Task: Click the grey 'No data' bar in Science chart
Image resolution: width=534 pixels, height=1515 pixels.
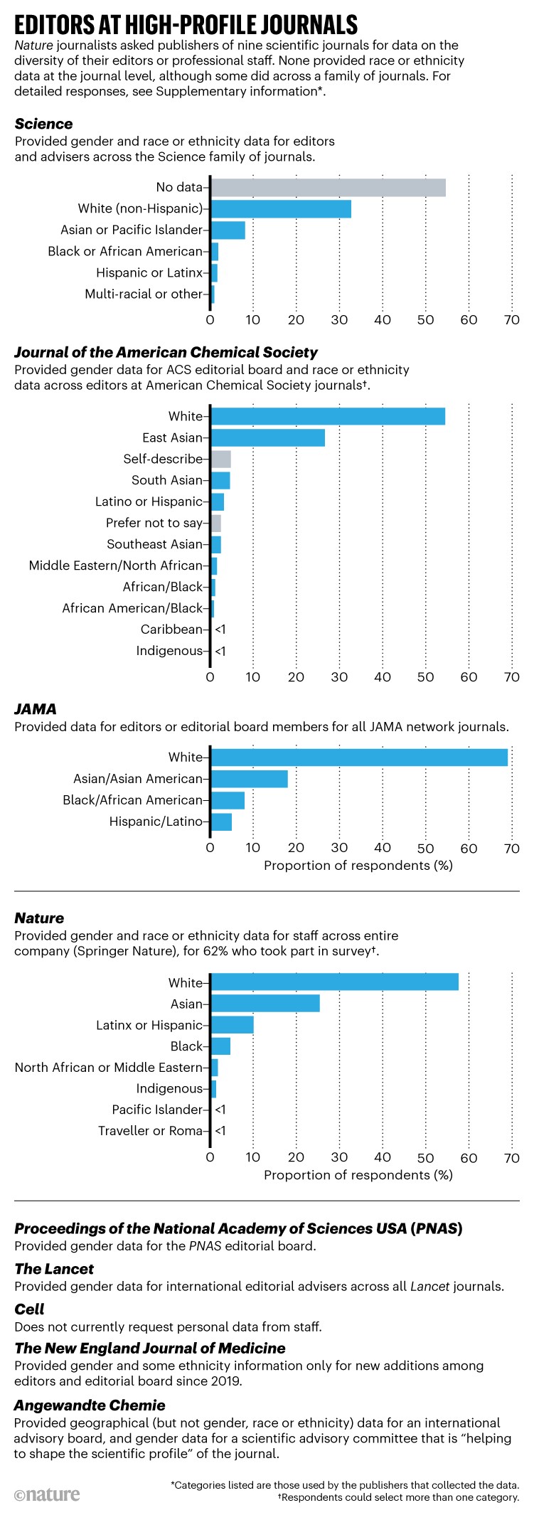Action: click(328, 187)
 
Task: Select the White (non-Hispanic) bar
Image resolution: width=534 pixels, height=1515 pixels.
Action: click(281, 208)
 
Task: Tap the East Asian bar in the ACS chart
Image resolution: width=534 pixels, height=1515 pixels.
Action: click(267, 437)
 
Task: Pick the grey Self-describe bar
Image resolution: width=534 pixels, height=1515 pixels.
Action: click(220, 459)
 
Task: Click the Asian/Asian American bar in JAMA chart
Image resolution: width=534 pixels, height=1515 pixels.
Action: click(249, 779)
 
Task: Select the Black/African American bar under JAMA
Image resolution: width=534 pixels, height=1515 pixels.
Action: click(228, 800)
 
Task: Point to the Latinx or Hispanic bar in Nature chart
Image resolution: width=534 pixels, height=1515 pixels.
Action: click(232, 1025)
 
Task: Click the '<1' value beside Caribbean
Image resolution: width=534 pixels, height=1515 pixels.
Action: click(220, 629)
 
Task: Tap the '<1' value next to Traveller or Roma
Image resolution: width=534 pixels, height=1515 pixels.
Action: click(220, 1131)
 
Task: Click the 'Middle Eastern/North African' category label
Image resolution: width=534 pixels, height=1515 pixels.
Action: click(116, 565)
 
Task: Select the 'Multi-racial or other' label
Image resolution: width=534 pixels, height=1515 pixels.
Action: click(144, 294)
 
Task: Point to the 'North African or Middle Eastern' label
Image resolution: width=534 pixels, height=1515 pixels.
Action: click(109, 1068)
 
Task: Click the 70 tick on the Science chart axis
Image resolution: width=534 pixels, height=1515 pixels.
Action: click(512, 320)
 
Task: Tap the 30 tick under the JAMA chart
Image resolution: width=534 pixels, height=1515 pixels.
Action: click(339, 848)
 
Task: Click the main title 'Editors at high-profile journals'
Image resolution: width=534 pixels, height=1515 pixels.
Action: click(186, 26)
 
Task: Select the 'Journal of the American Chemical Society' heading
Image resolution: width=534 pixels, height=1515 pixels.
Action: click(166, 352)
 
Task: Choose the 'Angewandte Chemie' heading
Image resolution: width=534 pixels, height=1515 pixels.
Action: click(90, 1405)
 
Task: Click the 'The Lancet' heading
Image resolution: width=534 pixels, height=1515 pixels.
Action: click(54, 1269)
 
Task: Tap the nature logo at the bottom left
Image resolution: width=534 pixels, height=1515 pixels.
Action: click(47, 1494)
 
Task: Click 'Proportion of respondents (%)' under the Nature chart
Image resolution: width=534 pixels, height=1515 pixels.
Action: click(358, 1175)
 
